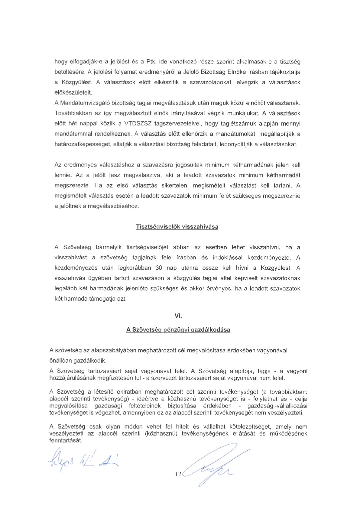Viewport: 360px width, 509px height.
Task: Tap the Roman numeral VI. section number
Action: pyautogui.click(x=178, y=316)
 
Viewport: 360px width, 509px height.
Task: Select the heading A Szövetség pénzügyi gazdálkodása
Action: pyautogui.click(x=178, y=330)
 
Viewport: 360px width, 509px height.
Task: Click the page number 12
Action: pyautogui.click(x=178, y=474)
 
